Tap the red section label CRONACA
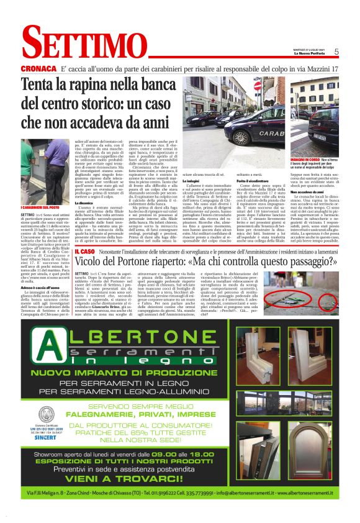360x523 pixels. [38, 68]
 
